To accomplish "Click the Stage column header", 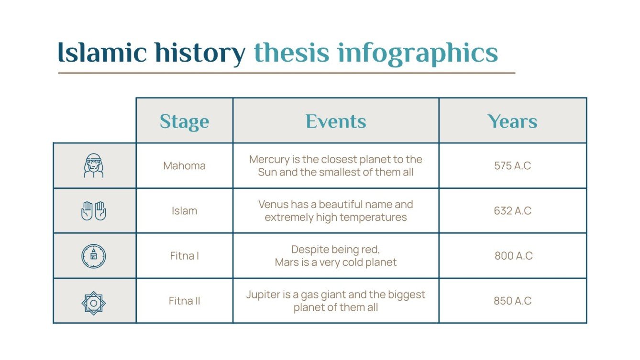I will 184,121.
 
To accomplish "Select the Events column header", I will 336,121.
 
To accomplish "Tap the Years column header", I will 512,121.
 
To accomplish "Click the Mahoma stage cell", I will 184,166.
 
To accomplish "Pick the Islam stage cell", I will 184,211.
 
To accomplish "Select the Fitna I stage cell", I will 184,256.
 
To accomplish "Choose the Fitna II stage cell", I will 184,301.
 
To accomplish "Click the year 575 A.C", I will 512,166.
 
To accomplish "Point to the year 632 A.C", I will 512,211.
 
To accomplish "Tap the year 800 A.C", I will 513,256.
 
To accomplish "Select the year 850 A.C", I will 512,301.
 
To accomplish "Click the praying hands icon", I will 94,211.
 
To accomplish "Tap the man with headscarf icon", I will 94,166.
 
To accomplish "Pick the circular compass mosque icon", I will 94,256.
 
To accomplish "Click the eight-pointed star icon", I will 94,303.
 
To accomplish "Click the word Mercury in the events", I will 268,159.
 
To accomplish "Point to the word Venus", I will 273,205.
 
